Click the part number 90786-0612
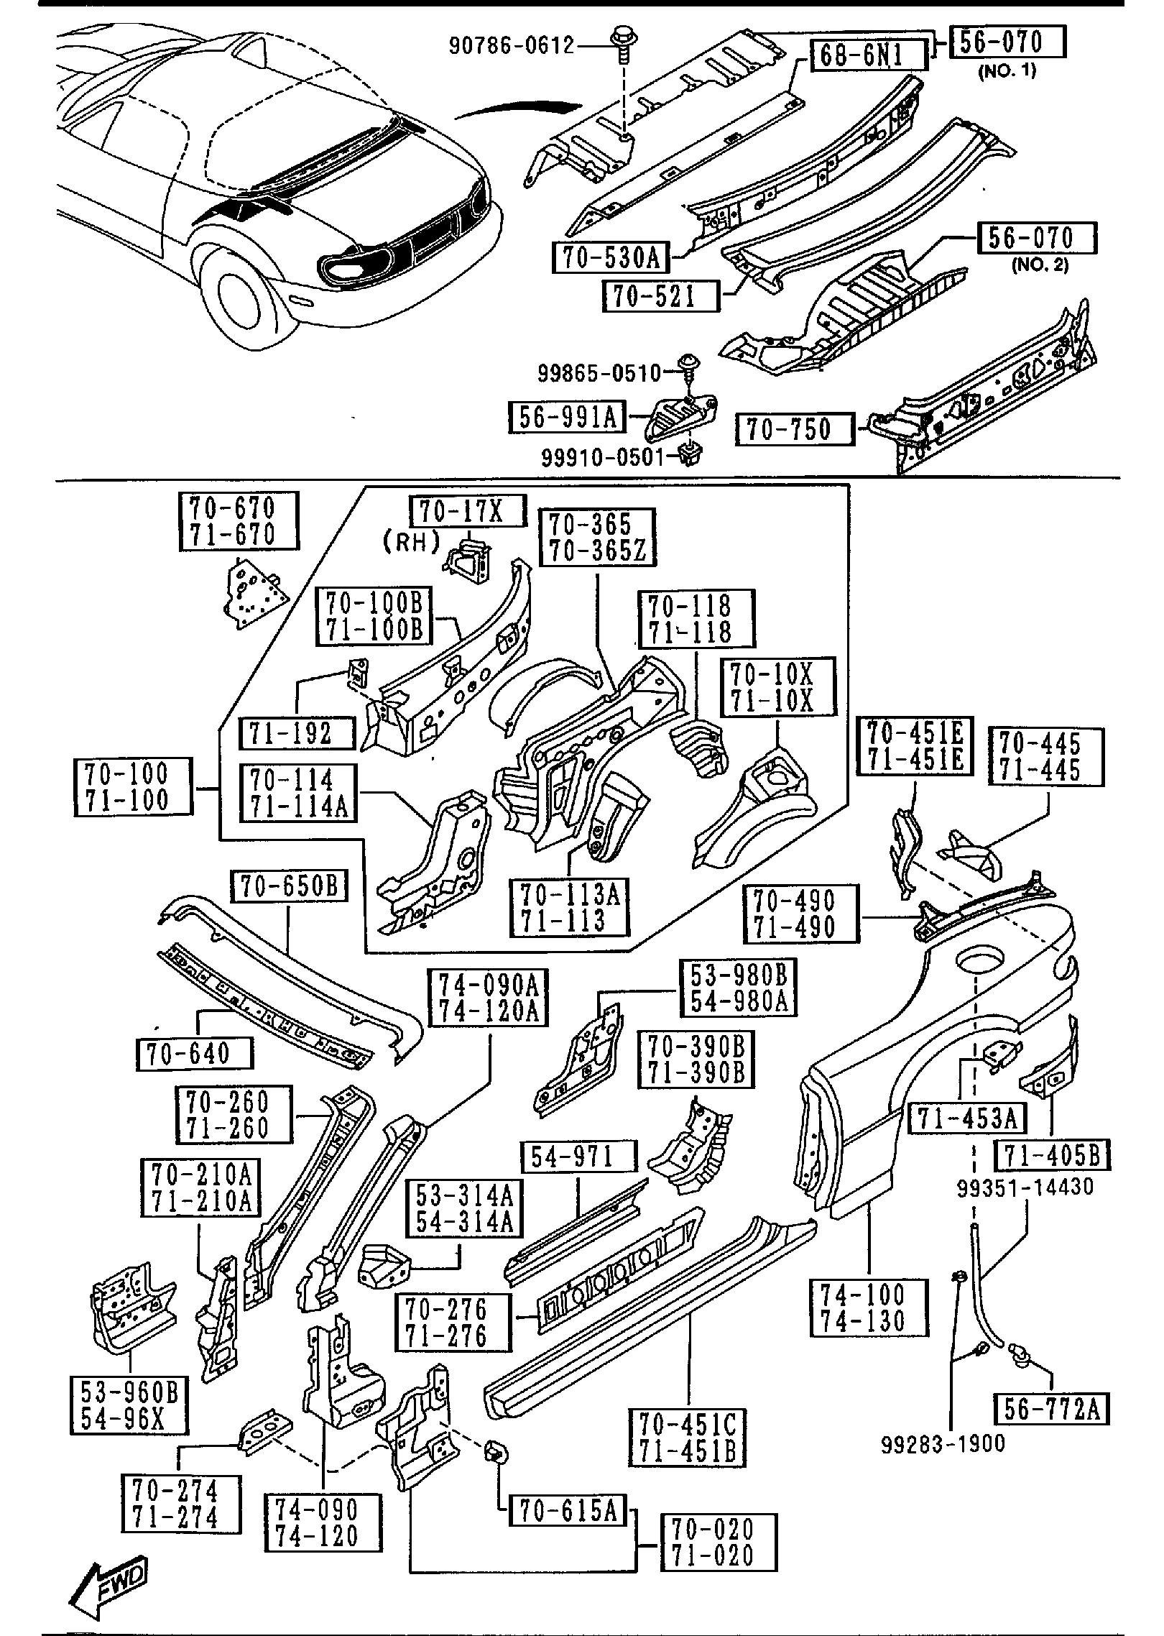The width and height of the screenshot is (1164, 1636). pyautogui.click(x=512, y=46)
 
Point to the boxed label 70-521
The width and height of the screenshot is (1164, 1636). pyautogui.click(x=660, y=295)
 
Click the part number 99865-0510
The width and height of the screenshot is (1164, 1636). pyautogui.click(x=599, y=372)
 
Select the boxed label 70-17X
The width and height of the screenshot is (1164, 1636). pyautogui.click(x=468, y=511)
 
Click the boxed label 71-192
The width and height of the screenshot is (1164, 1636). pyautogui.click(x=297, y=733)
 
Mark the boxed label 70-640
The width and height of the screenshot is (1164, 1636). pyautogui.click(x=194, y=1054)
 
